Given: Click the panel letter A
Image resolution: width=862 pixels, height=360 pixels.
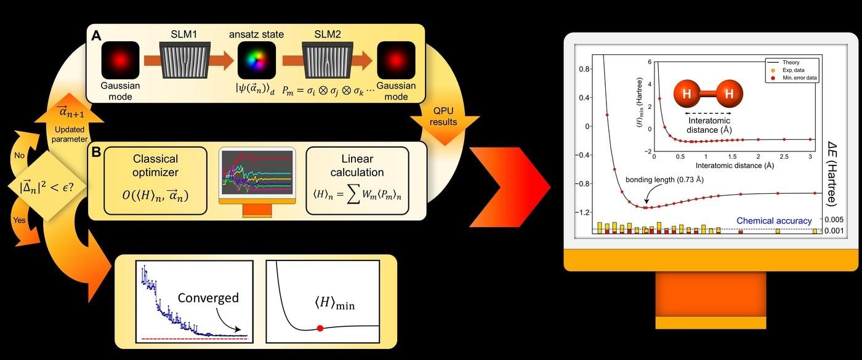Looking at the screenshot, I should click(x=97, y=36).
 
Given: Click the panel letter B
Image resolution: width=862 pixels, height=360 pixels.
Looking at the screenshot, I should click(x=97, y=151).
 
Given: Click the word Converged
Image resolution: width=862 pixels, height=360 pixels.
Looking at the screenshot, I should click(x=208, y=298).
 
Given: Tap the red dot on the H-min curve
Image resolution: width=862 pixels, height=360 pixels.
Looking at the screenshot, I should click(x=320, y=328).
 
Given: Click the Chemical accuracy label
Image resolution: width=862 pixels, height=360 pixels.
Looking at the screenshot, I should click(x=774, y=221).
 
